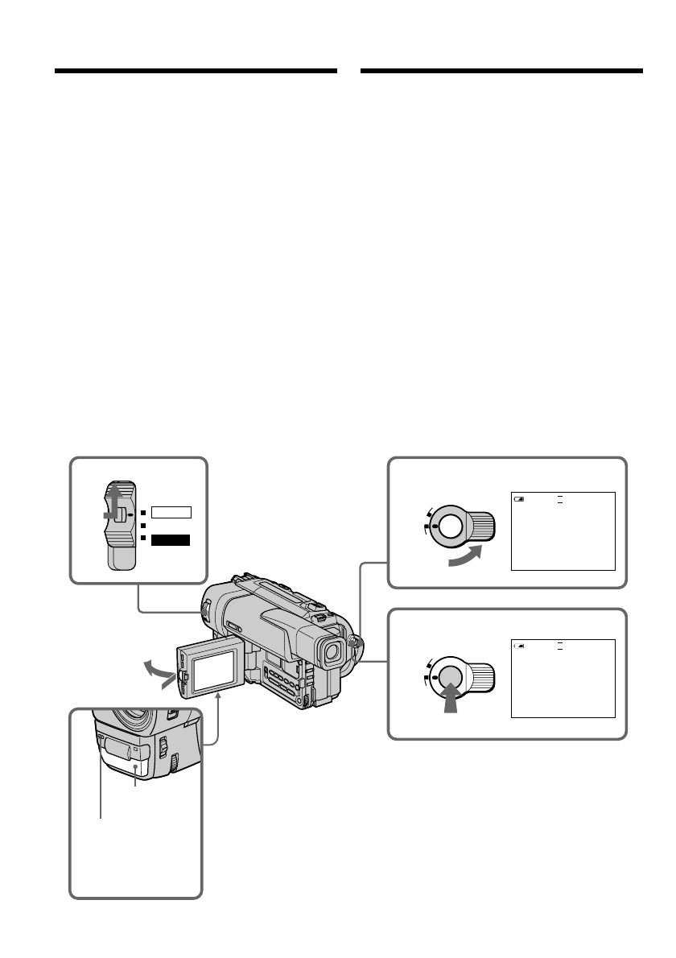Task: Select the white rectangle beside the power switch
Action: pos(171,510)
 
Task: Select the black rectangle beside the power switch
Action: pos(171,539)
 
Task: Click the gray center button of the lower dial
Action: pos(451,675)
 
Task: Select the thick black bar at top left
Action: pos(196,71)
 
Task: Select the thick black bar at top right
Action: pos(502,71)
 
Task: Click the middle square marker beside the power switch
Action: pos(142,525)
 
